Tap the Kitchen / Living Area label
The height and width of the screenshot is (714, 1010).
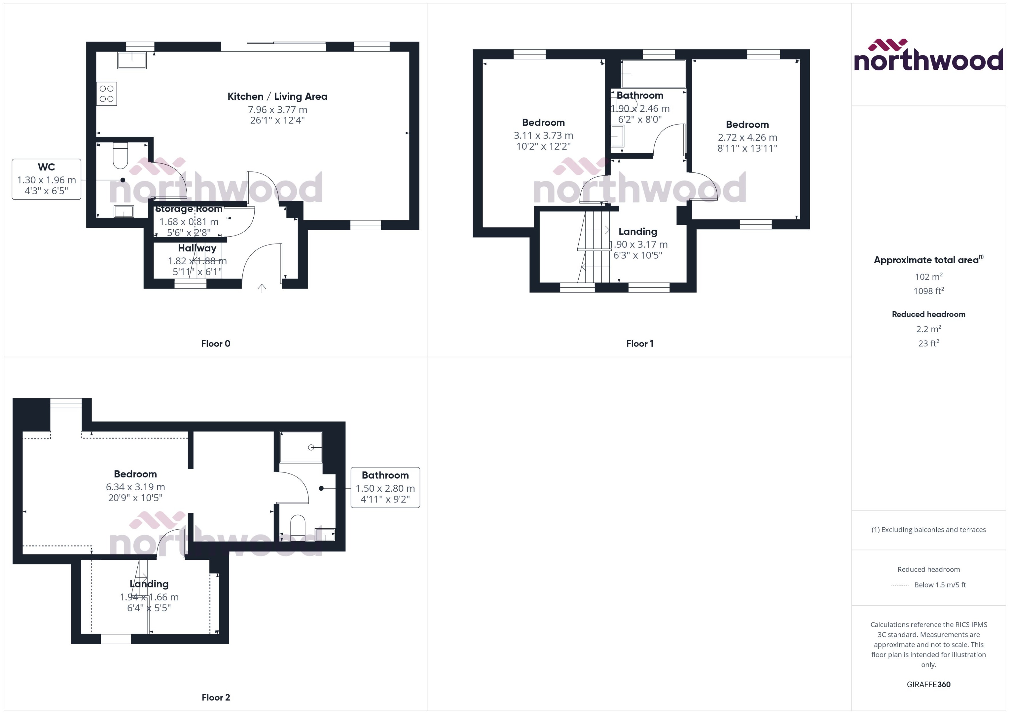coord(277,96)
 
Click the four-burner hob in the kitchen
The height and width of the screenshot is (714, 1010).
coord(106,94)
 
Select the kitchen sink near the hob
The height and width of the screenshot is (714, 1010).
coord(132,60)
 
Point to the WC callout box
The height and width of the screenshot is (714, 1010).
coord(46,179)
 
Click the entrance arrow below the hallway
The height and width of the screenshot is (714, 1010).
coord(262,289)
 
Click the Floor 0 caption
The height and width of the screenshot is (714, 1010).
coord(216,343)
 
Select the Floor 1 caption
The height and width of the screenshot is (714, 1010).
coord(639,343)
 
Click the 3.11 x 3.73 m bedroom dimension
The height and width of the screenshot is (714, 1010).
coord(543,135)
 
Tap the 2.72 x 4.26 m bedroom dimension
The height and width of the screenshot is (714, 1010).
coord(747,137)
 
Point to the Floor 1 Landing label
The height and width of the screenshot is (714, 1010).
coord(638,231)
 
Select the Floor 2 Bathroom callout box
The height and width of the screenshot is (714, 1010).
coord(385,487)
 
